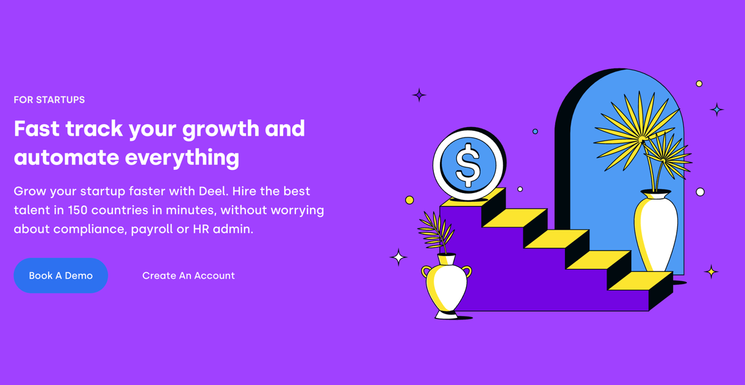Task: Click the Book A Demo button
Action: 61,276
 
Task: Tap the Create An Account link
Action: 189,276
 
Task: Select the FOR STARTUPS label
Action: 49,100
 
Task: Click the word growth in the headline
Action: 220,129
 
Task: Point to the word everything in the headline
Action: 182,158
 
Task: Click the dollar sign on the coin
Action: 468,165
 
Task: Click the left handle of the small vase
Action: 426,271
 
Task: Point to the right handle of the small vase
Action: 467,271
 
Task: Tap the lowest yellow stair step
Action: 640,280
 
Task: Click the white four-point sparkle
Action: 398,257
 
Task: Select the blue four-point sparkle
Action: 717,109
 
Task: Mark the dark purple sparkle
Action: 419,95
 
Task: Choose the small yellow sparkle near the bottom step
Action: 711,272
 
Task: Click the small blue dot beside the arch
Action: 535,131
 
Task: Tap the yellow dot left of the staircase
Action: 409,200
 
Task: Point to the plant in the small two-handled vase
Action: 436,232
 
